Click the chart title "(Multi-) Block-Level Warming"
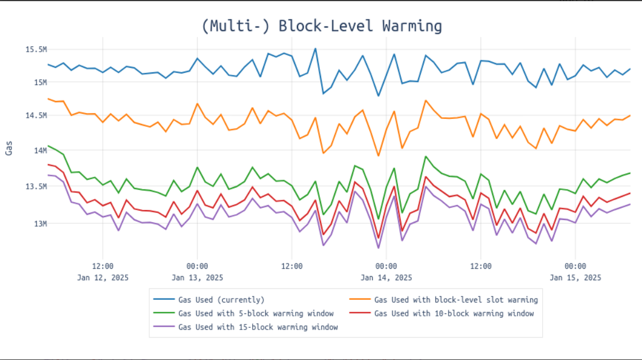[x=322, y=26]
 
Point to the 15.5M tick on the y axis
[x=35, y=49]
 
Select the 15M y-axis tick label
[x=39, y=82]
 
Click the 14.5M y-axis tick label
[x=35, y=115]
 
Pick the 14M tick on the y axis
[x=39, y=150]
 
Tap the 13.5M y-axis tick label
[x=35, y=186]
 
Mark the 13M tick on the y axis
[x=39, y=223]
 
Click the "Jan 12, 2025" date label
[x=102, y=277]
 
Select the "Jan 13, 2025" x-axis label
[x=197, y=277]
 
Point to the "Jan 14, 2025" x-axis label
[x=386, y=277]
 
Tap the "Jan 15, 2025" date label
[x=575, y=277]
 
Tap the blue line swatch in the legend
[x=164, y=300]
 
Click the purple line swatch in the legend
[x=164, y=327]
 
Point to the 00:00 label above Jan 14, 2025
[x=386, y=266]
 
